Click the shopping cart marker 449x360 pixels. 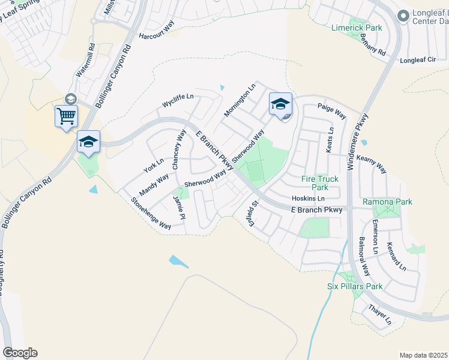click(65, 115)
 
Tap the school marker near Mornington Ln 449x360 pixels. click(280, 104)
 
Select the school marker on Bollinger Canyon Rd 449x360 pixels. click(88, 142)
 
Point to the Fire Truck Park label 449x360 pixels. click(319, 183)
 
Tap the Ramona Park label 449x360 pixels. click(387, 202)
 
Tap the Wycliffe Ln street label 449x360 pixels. click(178, 100)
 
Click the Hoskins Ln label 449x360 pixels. click(308, 199)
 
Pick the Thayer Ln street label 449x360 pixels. click(379, 315)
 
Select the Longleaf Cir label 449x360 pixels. click(418, 61)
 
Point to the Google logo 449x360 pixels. click(20, 353)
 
